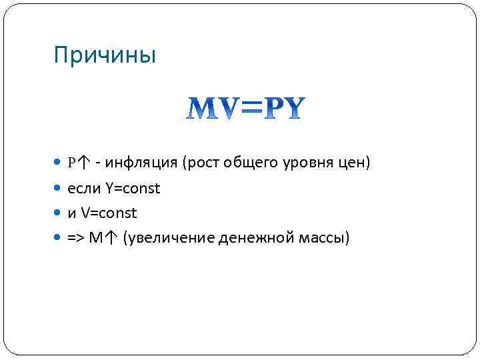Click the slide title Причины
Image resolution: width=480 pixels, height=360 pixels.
coord(105,55)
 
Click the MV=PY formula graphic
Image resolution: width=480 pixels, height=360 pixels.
coord(245,109)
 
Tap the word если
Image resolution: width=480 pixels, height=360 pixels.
coord(84,189)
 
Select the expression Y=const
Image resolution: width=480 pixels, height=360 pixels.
coord(132,189)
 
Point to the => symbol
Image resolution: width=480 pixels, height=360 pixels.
coord(76,238)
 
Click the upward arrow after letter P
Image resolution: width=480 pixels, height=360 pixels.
coord(84,163)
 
